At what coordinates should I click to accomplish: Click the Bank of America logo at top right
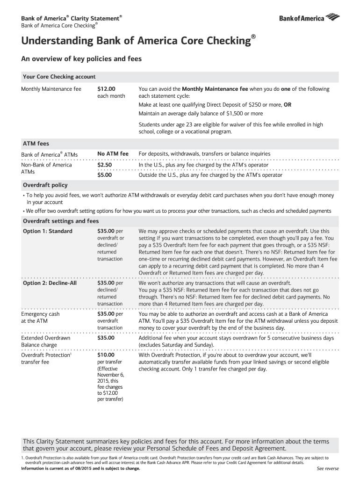[x=309, y=18]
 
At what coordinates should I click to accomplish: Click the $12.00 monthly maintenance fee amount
[x=106, y=89]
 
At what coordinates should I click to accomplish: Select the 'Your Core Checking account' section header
[x=59, y=77]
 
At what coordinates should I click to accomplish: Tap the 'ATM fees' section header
[x=36, y=144]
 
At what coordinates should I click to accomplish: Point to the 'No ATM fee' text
[x=113, y=153]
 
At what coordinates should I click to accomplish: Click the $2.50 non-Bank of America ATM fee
[x=104, y=165]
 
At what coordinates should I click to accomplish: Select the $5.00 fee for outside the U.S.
[x=104, y=175]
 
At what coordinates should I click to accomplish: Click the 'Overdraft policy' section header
[x=45, y=185]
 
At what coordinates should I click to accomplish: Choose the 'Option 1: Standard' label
[x=48, y=231]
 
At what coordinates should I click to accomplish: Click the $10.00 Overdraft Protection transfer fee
[x=106, y=355]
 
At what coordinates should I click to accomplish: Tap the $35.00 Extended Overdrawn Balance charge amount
[x=106, y=338]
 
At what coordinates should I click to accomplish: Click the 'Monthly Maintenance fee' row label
[x=51, y=89]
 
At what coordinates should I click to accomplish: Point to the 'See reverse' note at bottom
[x=328, y=469]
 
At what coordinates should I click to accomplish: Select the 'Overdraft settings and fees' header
[x=61, y=221]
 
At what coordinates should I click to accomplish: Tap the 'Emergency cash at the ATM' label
[x=41, y=318]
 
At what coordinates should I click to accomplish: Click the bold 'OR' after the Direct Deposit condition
[x=288, y=105]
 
